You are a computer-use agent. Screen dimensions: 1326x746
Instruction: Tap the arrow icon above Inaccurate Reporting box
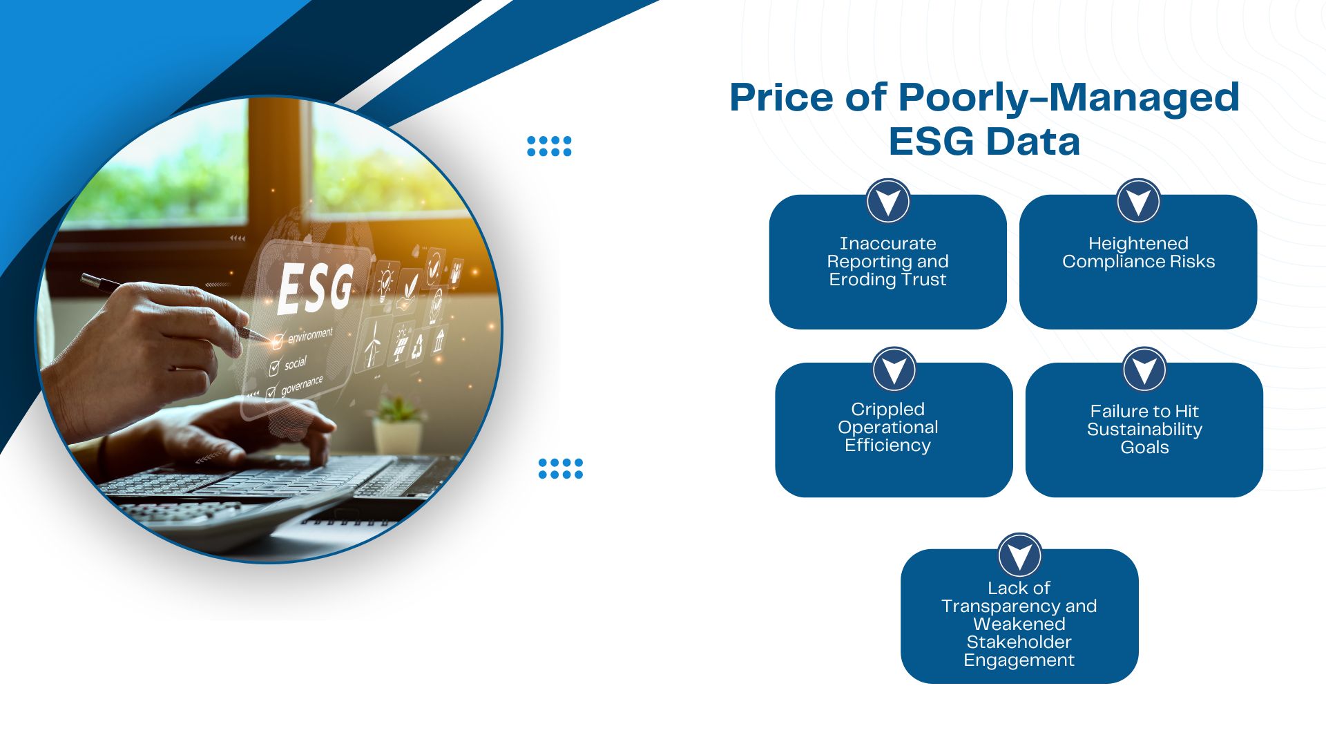point(887,201)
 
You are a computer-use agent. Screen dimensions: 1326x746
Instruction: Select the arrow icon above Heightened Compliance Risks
point(1138,201)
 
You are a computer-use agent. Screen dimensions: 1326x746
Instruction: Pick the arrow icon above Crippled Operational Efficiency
point(894,369)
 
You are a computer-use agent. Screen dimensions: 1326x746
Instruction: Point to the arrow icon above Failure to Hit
point(1144,369)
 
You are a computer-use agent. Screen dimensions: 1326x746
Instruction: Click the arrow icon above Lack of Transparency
point(1019,555)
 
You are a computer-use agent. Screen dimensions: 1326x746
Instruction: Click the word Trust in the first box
point(924,280)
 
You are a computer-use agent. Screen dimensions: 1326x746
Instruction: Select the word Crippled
point(887,409)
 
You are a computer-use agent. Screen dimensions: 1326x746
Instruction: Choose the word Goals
point(1144,448)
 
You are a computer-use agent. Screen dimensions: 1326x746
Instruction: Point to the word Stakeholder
point(1019,642)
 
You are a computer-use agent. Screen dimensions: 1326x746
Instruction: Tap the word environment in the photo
point(310,336)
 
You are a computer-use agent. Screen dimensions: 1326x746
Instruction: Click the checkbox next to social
point(274,367)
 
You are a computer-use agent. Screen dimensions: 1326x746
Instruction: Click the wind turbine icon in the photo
point(373,343)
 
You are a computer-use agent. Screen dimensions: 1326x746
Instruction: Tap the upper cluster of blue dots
point(549,146)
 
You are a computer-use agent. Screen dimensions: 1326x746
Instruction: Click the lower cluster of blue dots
point(560,468)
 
